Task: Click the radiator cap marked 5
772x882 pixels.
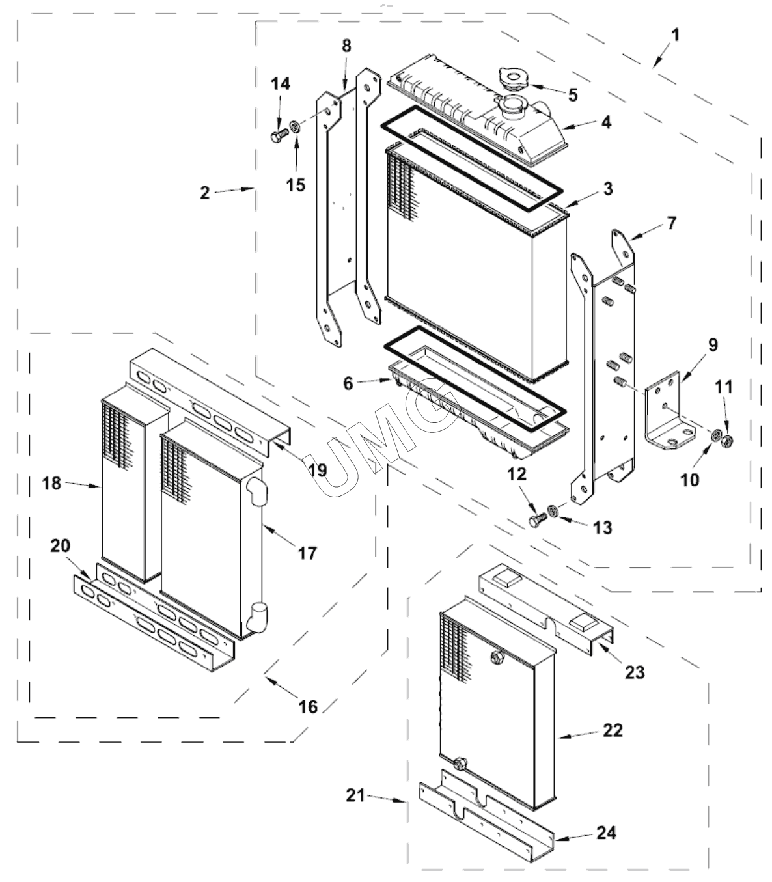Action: (514, 79)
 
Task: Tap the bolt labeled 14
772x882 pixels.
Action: (280, 135)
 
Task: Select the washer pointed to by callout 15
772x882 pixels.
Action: (294, 127)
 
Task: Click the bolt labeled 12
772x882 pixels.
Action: (538, 519)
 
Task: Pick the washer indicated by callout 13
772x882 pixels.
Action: (553, 511)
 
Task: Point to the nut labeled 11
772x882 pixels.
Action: (727, 441)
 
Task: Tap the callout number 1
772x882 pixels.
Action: (676, 35)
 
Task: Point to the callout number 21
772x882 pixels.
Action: (355, 795)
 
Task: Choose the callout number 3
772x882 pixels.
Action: (608, 188)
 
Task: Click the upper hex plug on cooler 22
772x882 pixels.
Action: (498, 657)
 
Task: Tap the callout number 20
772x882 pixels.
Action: (61, 545)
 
